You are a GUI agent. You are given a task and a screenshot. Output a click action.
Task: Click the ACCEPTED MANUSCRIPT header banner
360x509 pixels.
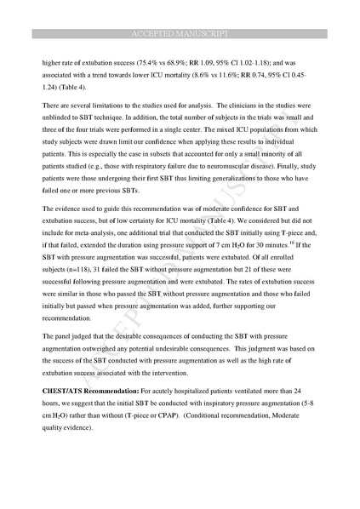coord(180,33)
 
